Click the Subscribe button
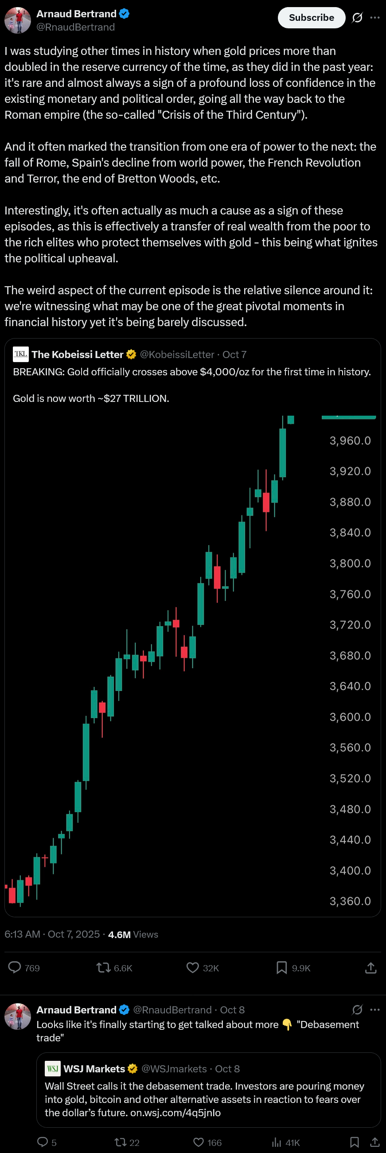[311, 17]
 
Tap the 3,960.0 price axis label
[350, 441]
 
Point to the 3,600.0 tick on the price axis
[350, 717]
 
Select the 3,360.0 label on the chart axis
[350, 901]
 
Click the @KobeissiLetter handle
[177, 354]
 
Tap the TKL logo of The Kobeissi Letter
[20, 354]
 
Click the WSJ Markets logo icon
[52, 1069]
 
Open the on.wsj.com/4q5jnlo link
[175, 1113]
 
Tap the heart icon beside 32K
[192, 968]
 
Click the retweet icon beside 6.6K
[103, 968]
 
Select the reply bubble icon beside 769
[15, 968]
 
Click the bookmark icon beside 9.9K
[282, 968]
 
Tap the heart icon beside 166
[199, 1142]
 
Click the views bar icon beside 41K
[277, 1142]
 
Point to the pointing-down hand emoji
[287, 1024]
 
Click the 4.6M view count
[119, 935]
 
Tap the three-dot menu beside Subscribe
[375, 17]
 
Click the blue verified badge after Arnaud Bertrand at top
[124, 14]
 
